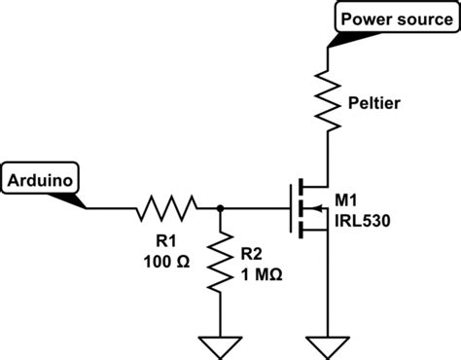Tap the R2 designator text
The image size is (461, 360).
point(252,253)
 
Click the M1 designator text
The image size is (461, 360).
point(346,200)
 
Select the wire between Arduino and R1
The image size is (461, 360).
point(112,207)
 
